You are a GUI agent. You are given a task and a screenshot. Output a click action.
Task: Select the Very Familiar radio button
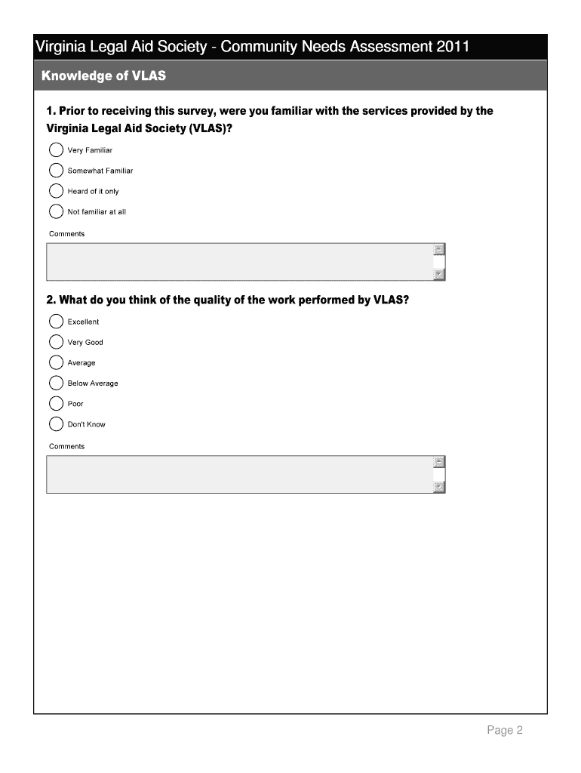point(56,150)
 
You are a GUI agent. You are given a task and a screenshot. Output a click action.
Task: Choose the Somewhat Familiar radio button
point(56,171)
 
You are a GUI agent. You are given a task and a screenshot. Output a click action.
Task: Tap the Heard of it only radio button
point(56,191)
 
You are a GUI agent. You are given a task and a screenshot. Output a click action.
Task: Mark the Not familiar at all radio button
point(56,211)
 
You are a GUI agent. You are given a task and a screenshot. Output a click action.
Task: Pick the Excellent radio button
point(56,322)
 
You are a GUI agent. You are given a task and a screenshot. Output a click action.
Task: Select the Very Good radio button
point(56,342)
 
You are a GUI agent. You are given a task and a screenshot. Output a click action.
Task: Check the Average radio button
point(56,362)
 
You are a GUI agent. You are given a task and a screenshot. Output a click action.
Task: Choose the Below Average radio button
point(56,383)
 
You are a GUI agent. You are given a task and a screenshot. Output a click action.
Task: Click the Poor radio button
point(56,403)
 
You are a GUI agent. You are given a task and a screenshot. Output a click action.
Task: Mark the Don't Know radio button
point(56,423)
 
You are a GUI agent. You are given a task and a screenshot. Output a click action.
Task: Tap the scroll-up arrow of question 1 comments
point(439,250)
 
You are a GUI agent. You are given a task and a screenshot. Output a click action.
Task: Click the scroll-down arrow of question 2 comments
point(439,487)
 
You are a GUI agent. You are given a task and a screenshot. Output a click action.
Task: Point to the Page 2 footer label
point(504,730)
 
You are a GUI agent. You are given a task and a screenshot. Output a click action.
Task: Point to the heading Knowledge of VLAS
point(103,76)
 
